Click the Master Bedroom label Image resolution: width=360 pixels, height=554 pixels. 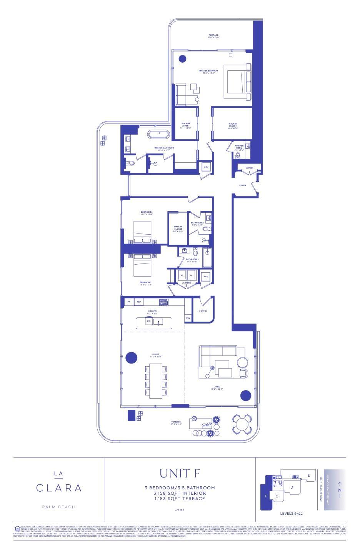[x=208, y=71]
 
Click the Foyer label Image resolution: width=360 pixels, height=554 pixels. [x=242, y=185]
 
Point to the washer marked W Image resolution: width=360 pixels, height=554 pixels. [x=182, y=275]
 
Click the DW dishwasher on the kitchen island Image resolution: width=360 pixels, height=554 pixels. [x=148, y=321]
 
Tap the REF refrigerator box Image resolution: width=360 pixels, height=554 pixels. [x=139, y=302]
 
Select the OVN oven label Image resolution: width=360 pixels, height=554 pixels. [x=188, y=318]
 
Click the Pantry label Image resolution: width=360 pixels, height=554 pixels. [x=203, y=311]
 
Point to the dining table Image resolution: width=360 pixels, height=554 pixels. [x=156, y=381]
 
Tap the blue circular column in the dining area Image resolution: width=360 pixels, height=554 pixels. [x=132, y=357]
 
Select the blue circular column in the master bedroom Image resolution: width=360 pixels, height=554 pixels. [x=182, y=59]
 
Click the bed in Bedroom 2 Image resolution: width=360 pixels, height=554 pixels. [x=142, y=232]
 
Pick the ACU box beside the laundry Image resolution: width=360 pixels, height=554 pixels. [x=206, y=277]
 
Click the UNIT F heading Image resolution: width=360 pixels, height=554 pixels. [x=180, y=473]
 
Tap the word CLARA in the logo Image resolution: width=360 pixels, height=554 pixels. [x=59, y=488]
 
